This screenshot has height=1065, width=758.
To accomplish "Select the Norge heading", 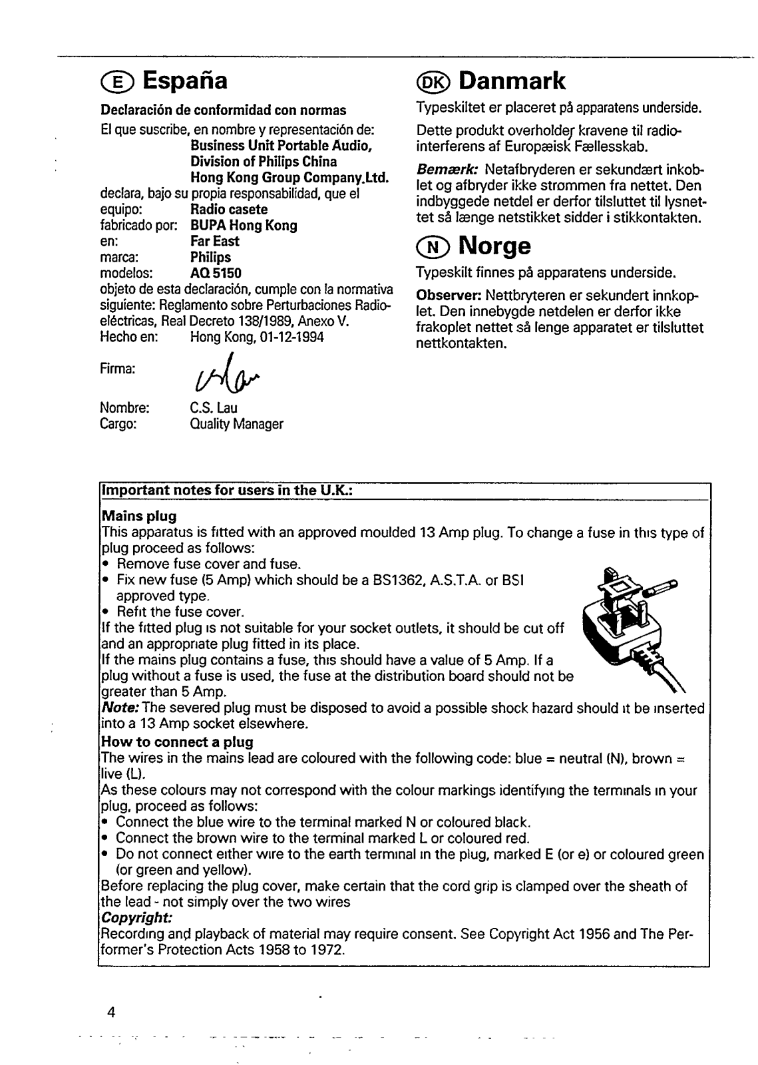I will [494, 246].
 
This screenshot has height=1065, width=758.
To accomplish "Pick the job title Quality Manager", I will [236, 424].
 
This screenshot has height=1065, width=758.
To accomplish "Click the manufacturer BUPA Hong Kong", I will [244, 226].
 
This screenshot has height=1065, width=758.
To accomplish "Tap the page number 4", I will [111, 1014].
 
